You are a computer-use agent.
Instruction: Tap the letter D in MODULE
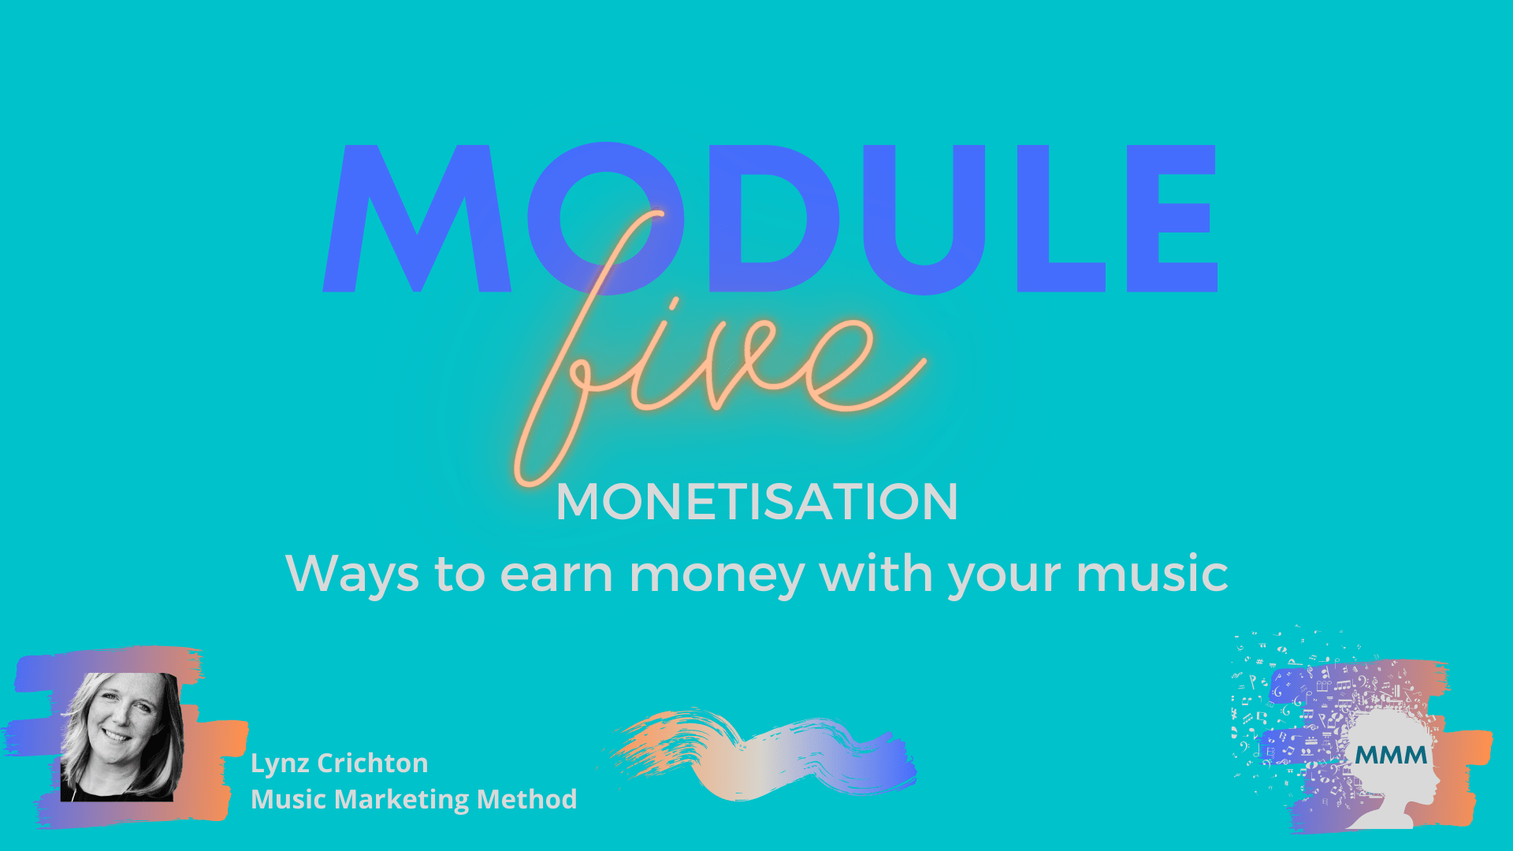(x=776, y=218)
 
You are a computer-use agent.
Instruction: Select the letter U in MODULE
(x=924, y=220)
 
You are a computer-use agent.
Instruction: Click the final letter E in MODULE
(x=1173, y=218)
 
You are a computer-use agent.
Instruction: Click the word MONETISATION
(x=756, y=502)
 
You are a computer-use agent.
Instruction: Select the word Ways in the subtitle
(x=352, y=574)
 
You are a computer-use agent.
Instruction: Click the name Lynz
(x=280, y=764)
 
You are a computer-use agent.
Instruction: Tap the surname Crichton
(x=373, y=763)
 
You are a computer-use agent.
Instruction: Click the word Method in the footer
(x=527, y=799)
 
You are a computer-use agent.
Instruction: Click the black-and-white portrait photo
(x=121, y=737)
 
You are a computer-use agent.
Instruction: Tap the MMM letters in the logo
(x=1392, y=756)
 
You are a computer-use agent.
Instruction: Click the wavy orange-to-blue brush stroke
(x=760, y=754)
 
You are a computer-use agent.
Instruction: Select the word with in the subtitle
(x=876, y=572)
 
